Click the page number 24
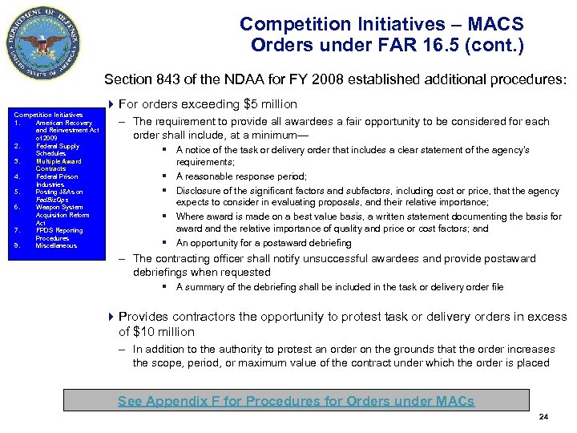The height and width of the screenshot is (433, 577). [543, 417]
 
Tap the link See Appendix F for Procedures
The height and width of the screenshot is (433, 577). [296, 401]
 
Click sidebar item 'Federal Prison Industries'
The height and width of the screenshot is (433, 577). [57, 180]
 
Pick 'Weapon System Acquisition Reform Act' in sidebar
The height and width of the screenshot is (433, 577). [63, 215]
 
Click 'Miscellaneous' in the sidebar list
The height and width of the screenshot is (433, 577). [56, 245]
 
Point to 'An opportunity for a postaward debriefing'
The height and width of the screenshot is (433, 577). [252, 242]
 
